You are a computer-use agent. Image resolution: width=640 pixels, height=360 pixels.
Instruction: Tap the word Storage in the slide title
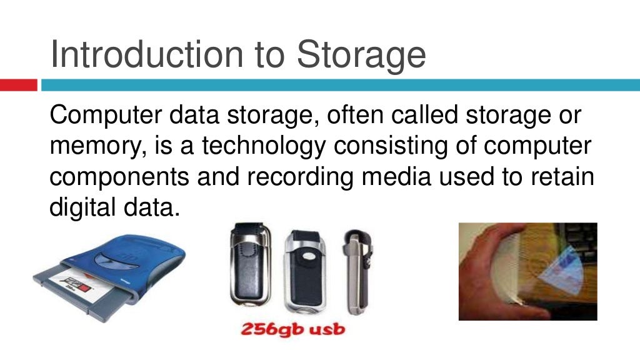(x=361, y=54)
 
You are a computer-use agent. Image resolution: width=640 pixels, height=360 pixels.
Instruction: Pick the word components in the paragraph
(x=119, y=177)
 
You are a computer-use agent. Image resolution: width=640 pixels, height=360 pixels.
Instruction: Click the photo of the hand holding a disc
(x=527, y=271)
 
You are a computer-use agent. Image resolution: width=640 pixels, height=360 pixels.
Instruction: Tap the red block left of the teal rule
(x=19, y=85)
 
